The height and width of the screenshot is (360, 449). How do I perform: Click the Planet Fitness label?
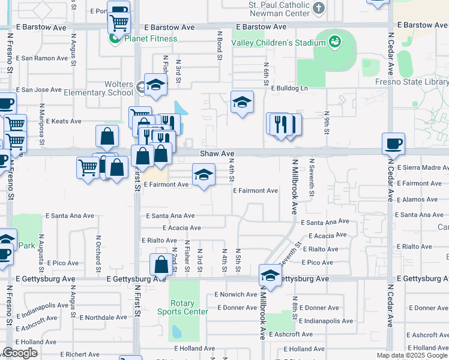click(150, 39)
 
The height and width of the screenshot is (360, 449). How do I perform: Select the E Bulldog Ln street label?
click(289, 88)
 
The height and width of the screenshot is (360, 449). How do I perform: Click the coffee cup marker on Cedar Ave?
click(393, 144)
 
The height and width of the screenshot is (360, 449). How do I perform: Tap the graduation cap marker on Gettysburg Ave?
click(270, 277)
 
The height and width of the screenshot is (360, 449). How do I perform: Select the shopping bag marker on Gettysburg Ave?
click(161, 265)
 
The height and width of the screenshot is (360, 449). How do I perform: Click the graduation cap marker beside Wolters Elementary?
click(155, 85)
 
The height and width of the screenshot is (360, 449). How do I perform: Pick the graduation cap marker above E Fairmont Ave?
click(203, 176)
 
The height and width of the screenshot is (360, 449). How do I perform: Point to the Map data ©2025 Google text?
click(412, 355)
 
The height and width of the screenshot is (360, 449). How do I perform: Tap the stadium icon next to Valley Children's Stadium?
click(335, 42)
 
